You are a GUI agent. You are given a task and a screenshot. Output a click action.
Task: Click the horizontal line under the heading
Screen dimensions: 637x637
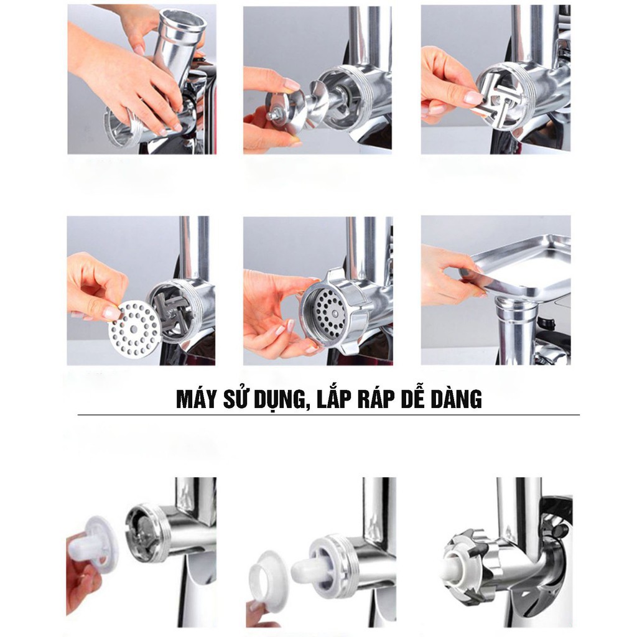(x=328, y=415)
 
